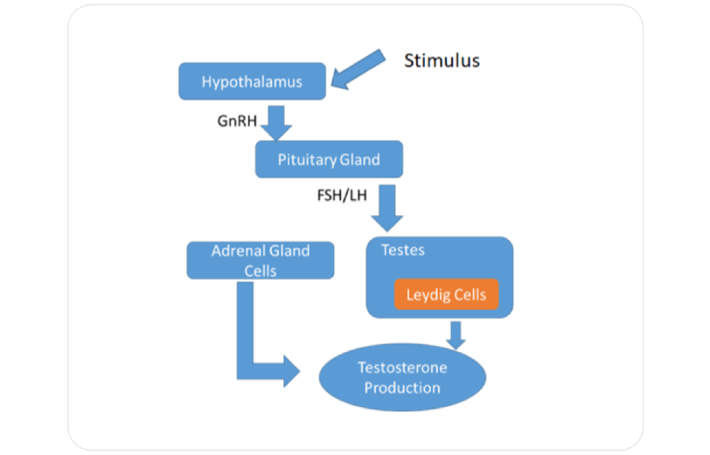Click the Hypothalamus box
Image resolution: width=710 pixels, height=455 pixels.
(x=252, y=81)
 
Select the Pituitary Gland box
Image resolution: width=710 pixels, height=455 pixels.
(x=329, y=160)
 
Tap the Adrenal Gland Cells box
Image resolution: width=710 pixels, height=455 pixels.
(x=260, y=260)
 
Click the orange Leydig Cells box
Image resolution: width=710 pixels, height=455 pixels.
(x=446, y=295)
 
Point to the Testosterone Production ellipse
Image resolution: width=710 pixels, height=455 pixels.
(x=402, y=377)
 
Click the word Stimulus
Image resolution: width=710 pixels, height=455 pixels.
(x=442, y=61)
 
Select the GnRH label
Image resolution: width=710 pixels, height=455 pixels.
(x=237, y=121)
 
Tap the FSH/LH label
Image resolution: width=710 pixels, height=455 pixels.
(x=342, y=195)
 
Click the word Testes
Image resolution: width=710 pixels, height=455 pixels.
(x=403, y=250)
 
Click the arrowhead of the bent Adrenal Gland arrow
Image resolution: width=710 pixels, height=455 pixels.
(x=290, y=371)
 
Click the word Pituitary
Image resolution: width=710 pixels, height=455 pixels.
(x=306, y=160)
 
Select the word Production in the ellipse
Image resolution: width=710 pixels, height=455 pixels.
(x=402, y=387)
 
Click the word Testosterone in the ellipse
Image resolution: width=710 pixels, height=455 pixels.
(x=402, y=368)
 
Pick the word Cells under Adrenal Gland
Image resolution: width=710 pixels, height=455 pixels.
(x=260, y=271)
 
